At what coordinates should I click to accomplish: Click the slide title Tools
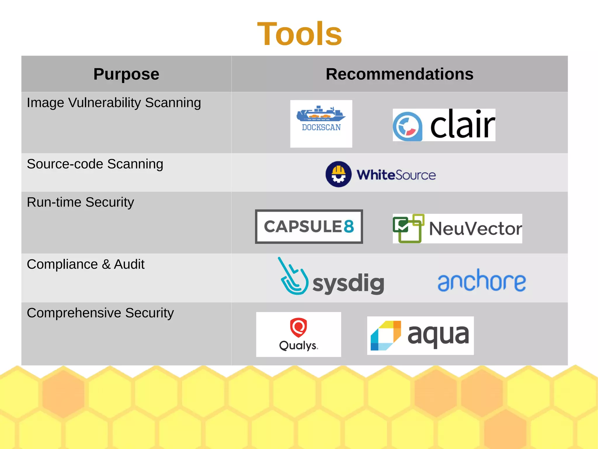point(299,34)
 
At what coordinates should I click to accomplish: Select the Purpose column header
point(126,74)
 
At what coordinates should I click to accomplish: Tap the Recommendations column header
point(399,74)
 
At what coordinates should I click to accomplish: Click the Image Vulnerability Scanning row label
point(114,103)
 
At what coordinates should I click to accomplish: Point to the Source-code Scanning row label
point(95,164)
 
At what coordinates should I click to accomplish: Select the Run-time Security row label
point(80,202)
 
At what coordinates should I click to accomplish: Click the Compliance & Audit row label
point(86,264)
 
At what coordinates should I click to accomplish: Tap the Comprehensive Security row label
point(100,313)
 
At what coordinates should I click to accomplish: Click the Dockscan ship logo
point(321,114)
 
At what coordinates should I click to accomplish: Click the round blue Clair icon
point(407,126)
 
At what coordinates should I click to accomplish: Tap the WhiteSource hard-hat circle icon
point(338,174)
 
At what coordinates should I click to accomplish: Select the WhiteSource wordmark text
point(396,175)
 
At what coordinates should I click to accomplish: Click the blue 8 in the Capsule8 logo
point(349,226)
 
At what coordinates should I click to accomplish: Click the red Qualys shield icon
point(298,327)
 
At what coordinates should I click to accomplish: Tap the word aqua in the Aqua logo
point(438,336)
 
